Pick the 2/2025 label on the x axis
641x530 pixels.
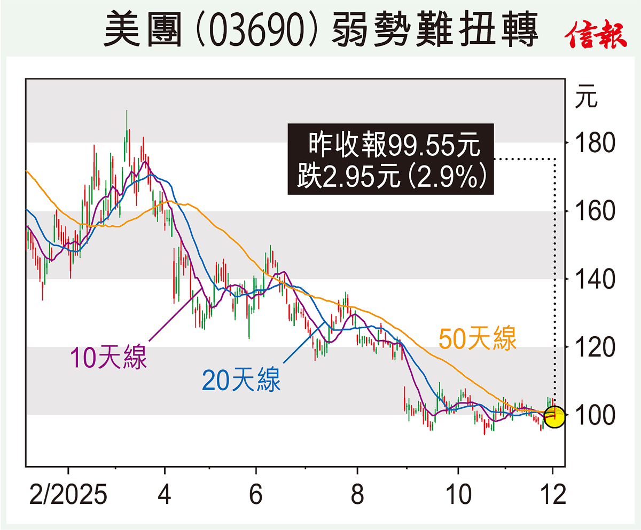68,494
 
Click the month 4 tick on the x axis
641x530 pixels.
165,494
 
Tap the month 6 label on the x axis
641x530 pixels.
256,494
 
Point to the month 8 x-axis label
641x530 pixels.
356,494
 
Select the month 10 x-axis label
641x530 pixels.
458,494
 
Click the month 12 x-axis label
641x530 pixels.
552,494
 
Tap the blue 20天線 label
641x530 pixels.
241,381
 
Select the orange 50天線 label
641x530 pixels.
478,339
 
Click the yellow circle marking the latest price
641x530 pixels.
554,417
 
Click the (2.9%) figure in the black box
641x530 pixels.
453,176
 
